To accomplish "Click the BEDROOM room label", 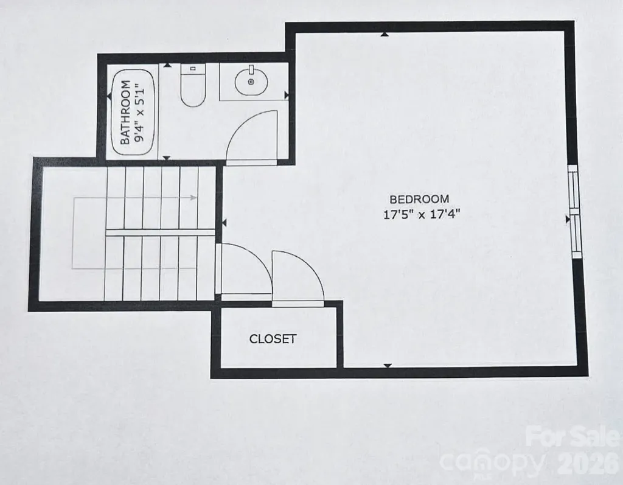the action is [419, 199].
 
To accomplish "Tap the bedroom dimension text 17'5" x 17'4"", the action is [422, 215].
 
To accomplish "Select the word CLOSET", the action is [273, 339].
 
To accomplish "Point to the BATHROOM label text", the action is [125, 113].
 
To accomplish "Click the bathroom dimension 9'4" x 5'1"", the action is [139, 113].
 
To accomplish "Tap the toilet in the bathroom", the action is [193, 85].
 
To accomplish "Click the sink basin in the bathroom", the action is [251, 81].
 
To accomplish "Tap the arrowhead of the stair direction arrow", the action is [193, 198].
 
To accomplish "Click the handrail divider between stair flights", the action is [161, 232].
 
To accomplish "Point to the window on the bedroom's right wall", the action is [574, 212].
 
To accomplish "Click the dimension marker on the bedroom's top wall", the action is [385, 35].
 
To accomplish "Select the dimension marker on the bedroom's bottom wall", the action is [388, 365].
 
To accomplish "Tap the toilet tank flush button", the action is [193, 69].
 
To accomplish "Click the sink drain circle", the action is [251, 82].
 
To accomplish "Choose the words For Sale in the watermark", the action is [573, 436].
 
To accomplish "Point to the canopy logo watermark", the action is [492, 462].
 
